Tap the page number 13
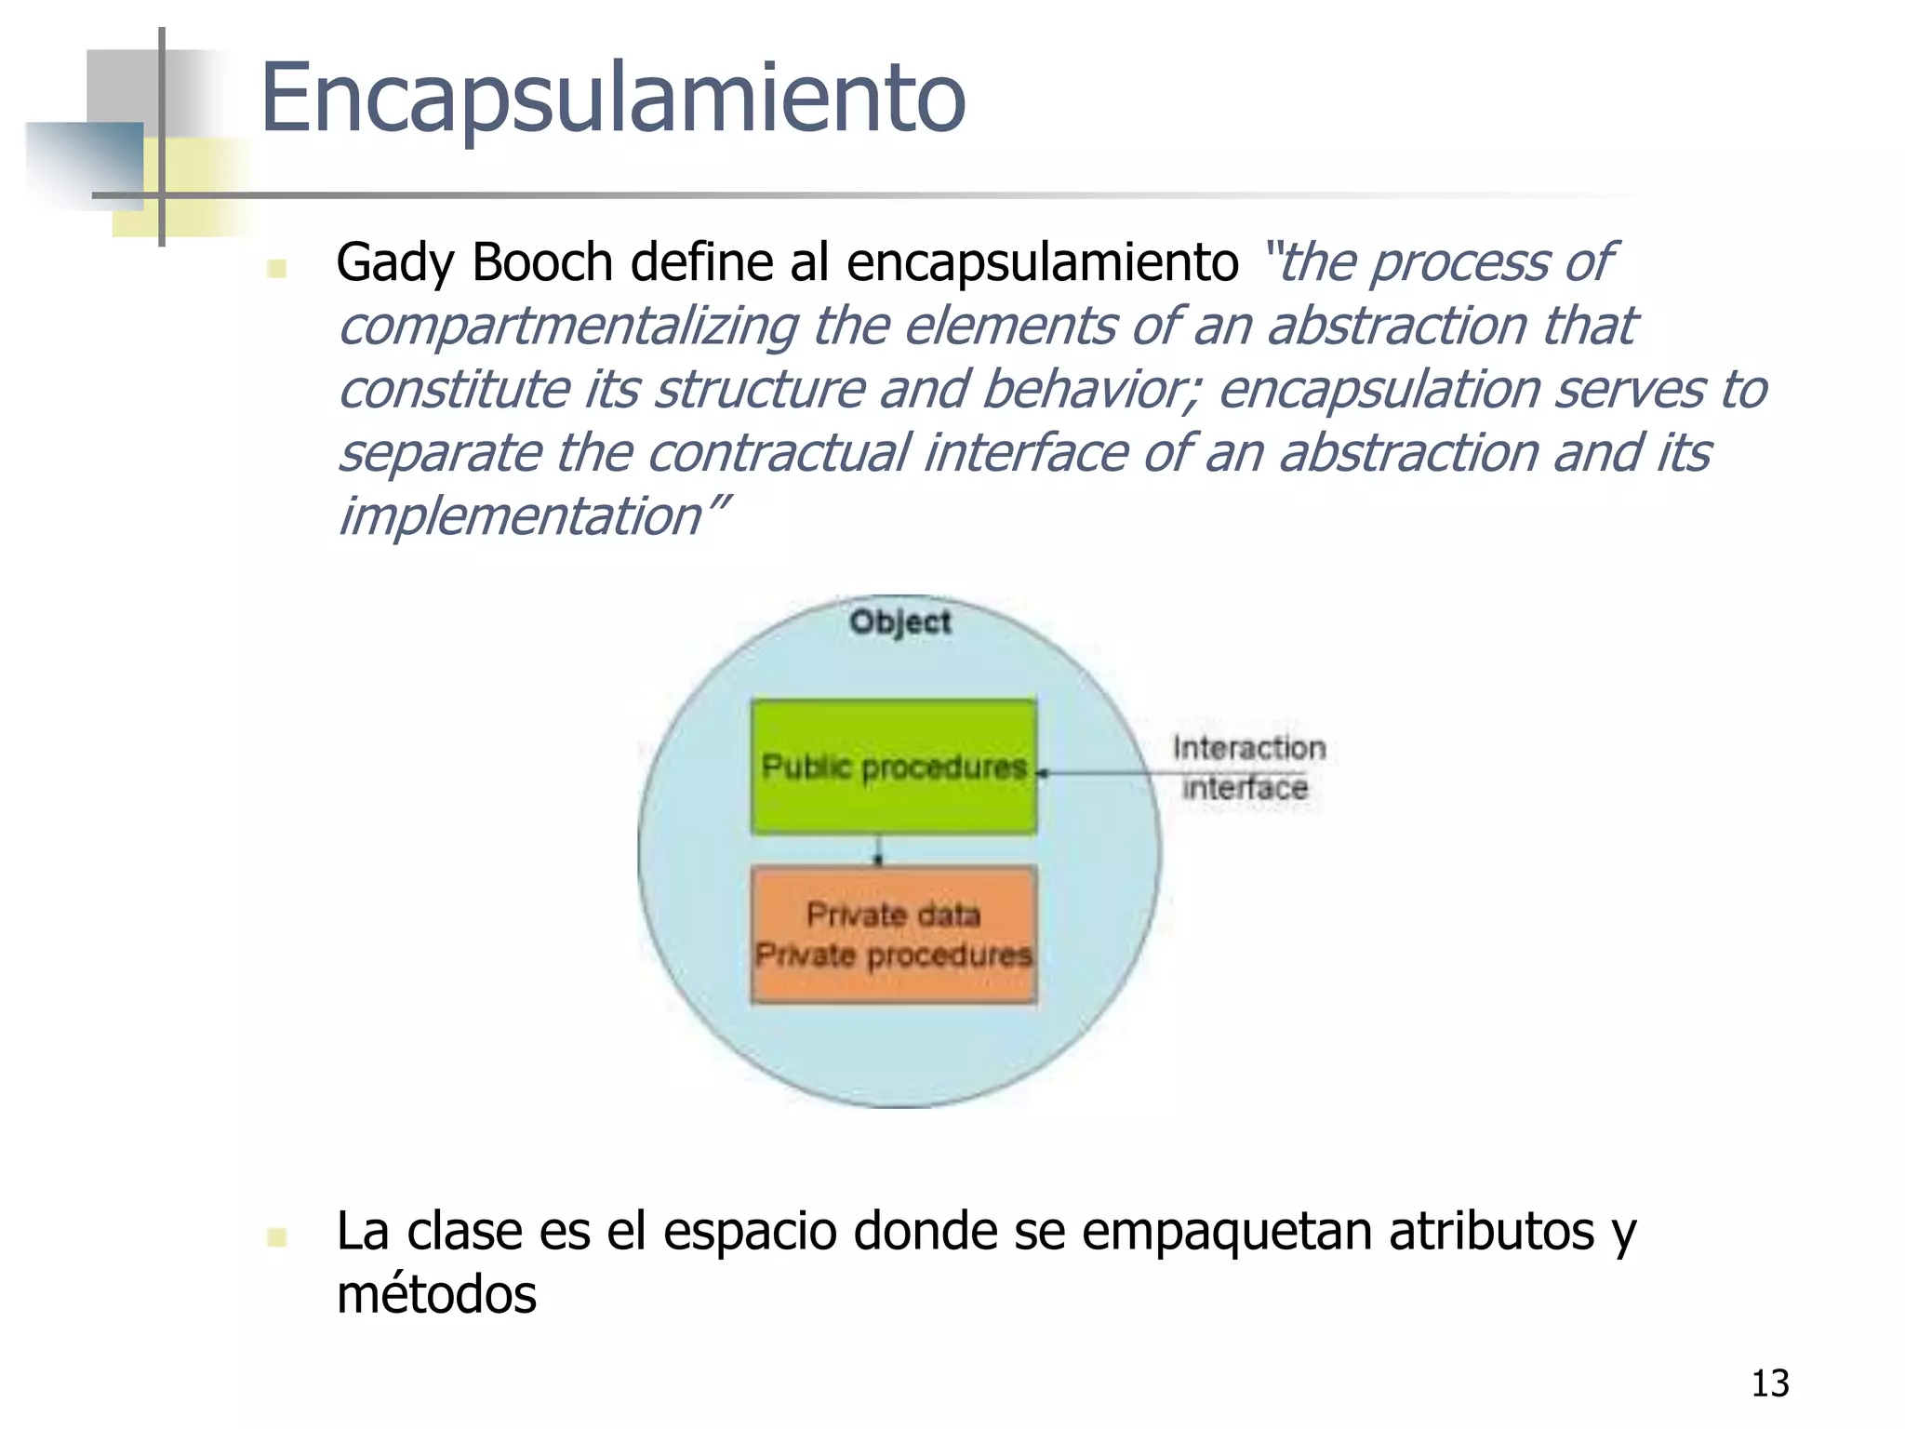point(1769,1383)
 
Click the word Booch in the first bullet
point(542,262)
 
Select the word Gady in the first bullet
point(395,262)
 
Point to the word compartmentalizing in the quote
point(567,327)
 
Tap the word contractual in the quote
point(777,453)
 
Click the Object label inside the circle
point(899,621)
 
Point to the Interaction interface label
point(1246,768)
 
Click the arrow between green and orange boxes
point(877,850)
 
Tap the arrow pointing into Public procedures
point(1098,772)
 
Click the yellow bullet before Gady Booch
point(275,268)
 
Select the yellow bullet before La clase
point(275,1236)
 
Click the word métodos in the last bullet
point(436,1295)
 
